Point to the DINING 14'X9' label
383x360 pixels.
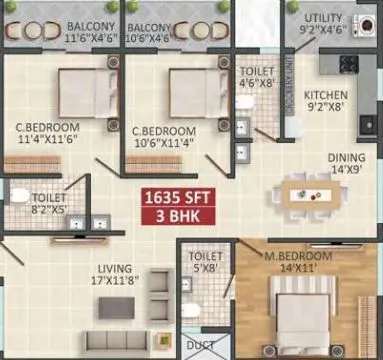pos(346,163)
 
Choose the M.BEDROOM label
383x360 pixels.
pos(313,263)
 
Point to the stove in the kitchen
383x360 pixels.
pos(349,64)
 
